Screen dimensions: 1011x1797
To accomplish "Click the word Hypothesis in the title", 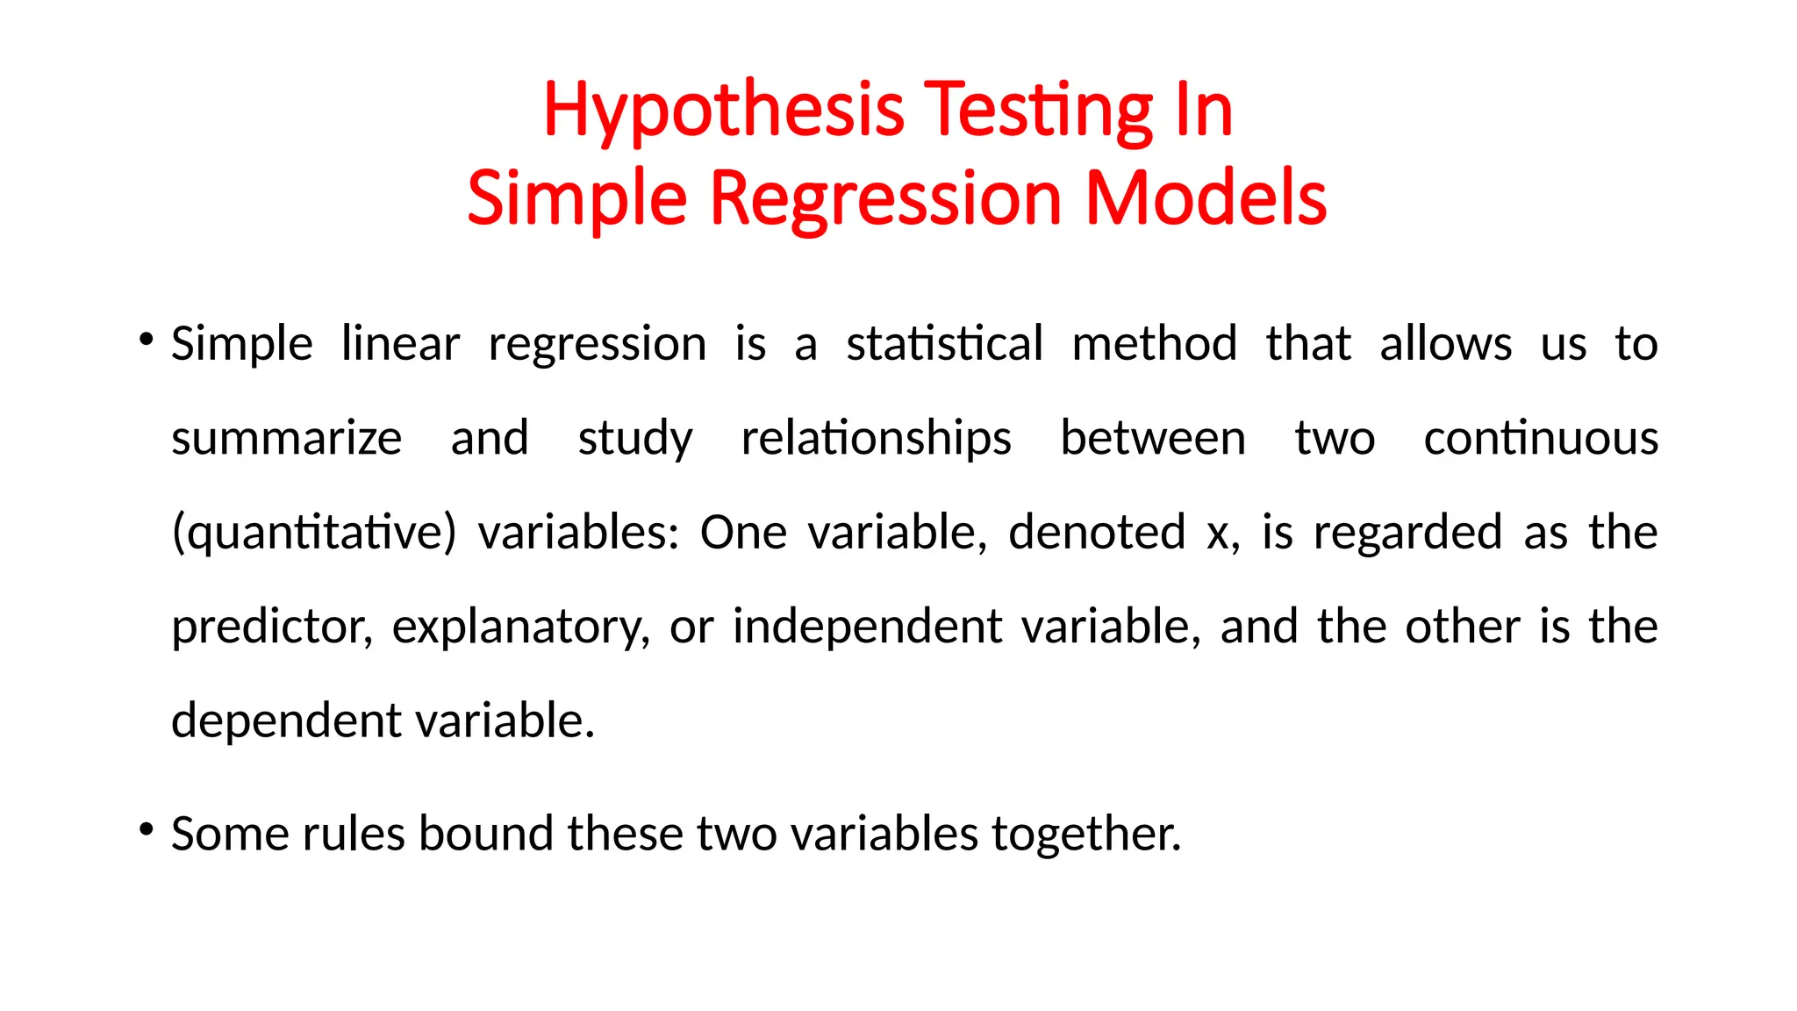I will pyautogui.click(x=723, y=111).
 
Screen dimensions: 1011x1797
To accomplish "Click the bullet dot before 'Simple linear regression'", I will pyautogui.click(x=147, y=339).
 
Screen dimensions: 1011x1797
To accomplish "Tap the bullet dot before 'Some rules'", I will pyautogui.click(x=147, y=828).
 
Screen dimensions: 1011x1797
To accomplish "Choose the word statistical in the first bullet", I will pyautogui.click(x=944, y=343).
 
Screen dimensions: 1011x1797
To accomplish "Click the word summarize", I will pyautogui.click(x=286, y=438).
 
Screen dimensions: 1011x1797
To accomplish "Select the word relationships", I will pyautogui.click(x=876, y=438).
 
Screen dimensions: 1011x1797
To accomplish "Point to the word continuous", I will pyautogui.click(x=1540, y=438).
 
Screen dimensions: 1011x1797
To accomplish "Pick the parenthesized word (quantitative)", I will pyautogui.click(x=314, y=533).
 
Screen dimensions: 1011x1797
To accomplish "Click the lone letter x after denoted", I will pyautogui.click(x=1217, y=533).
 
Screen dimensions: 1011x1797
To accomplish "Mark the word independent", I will pyautogui.click(x=867, y=627).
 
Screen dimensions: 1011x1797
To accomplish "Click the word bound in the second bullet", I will pyautogui.click(x=485, y=833).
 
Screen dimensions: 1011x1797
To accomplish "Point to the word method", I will pyautogui.click(x=1154, y=343).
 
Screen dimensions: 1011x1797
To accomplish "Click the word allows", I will pyautogui.click(x=1445, y=343).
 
